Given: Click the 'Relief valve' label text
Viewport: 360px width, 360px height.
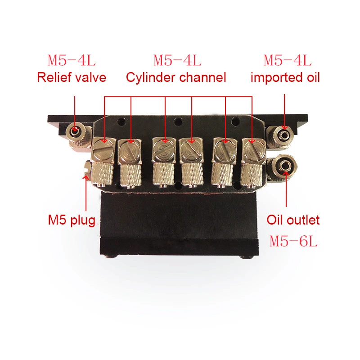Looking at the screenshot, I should (x=72, y=77).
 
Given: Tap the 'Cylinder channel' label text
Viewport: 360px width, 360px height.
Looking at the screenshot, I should (x=175, y=77).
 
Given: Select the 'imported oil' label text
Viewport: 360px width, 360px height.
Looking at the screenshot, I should (x=285, y=77).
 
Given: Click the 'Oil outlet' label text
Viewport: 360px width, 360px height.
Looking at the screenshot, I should (x=293, y=220).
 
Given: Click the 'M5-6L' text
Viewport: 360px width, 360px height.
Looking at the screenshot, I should (x=293, y=242).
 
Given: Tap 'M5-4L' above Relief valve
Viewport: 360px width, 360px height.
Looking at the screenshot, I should (x=72, y=60).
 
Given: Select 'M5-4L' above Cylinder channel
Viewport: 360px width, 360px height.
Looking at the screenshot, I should (x=177, y=60).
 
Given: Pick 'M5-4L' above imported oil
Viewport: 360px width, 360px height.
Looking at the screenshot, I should (x=288, y=60).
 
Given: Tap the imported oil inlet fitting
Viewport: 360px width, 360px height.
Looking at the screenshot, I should (x=283, y=133).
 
